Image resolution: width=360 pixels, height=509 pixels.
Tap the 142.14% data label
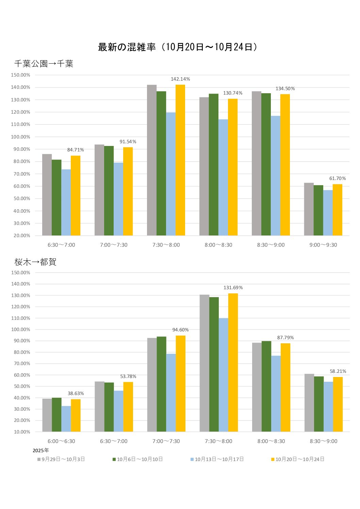(x=180, y=79)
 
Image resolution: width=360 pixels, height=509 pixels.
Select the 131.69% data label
(x=233, y=288)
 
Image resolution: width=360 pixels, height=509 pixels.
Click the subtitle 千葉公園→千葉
(x=44, y=64)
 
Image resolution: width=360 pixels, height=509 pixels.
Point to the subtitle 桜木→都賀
(x=35, y=262)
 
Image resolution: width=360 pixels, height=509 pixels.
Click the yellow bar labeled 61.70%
(x=337, y=210)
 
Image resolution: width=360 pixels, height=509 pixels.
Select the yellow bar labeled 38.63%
(x=76, y=415)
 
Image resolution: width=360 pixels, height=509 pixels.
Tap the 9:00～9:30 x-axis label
(x=323, y=245)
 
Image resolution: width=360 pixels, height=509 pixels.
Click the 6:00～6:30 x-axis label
(x=61, y=441)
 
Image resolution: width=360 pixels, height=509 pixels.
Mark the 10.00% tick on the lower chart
(x=22, y=432)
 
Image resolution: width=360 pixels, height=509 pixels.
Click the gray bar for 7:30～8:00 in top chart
(x=152, y=160)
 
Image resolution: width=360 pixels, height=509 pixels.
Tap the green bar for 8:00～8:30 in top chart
(x=214, y=164)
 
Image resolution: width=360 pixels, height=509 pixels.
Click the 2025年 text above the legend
(x=41, y=450)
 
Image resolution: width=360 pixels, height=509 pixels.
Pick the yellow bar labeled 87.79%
(x=285, y=387)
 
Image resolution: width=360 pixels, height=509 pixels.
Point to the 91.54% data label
(x=128, y=142)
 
